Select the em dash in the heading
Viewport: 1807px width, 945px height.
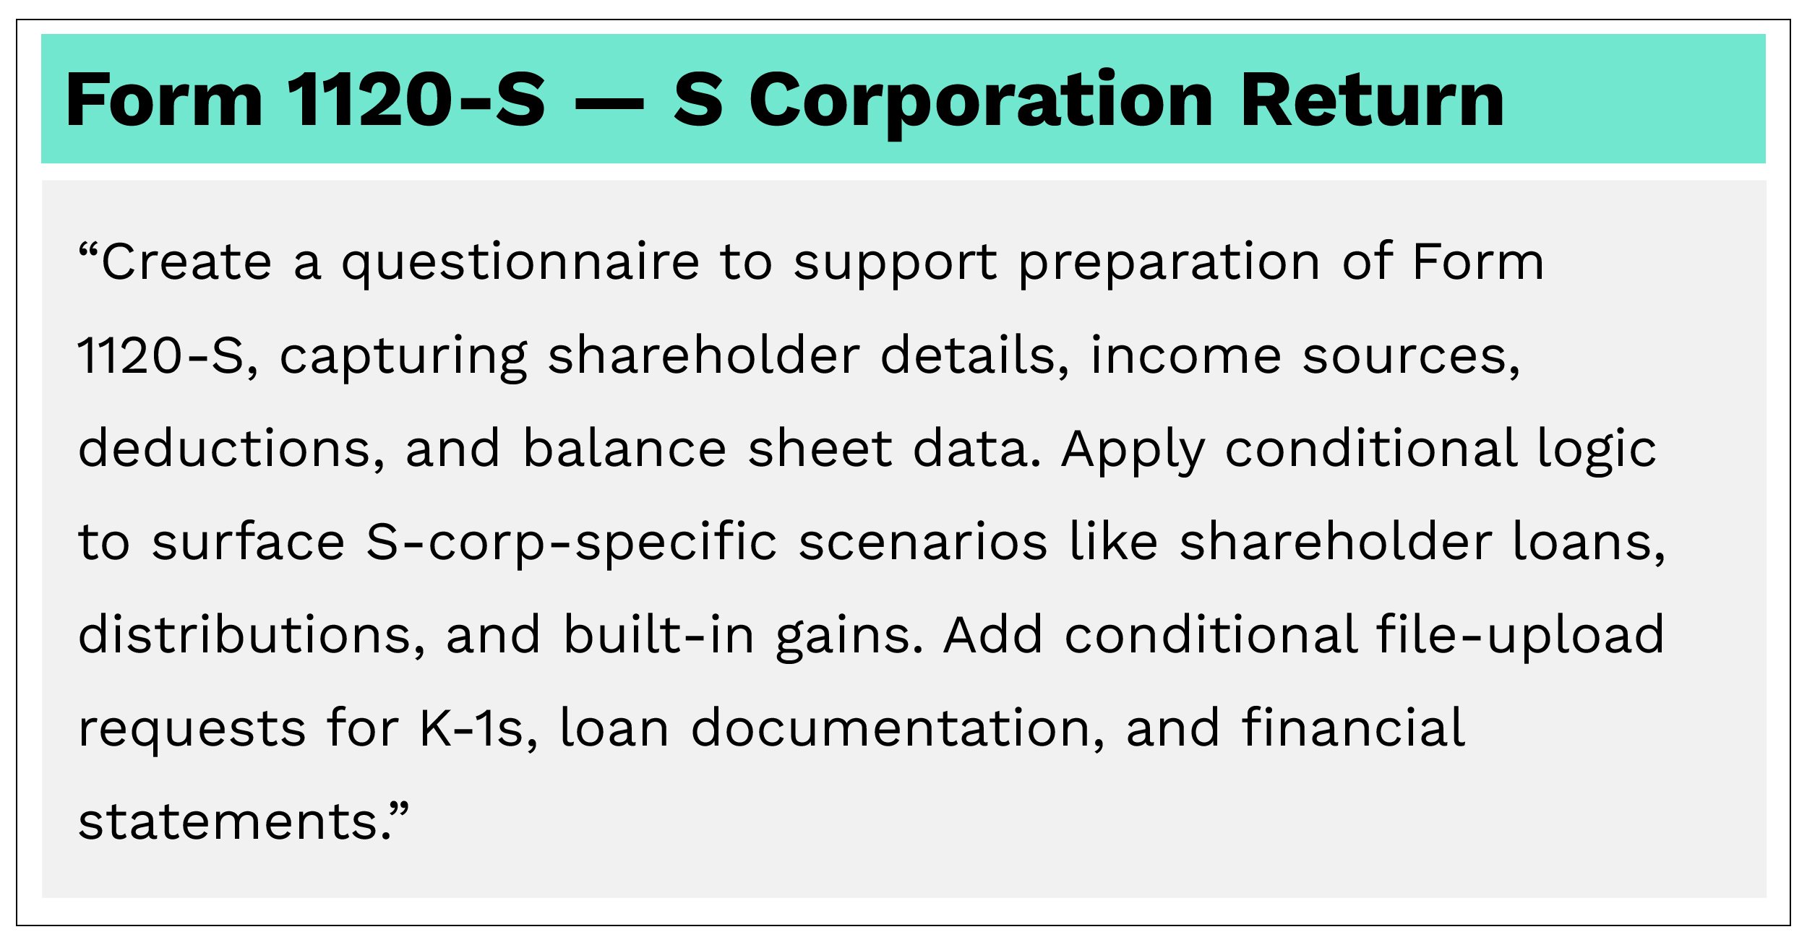tap(609, 103)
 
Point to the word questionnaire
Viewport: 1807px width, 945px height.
tap(520, 264)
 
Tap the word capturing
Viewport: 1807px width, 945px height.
tap(403, 358)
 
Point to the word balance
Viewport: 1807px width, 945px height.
tap(624, 449)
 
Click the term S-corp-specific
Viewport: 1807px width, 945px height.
tap(571, 543)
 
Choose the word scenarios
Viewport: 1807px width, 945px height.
tap(922, 543)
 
